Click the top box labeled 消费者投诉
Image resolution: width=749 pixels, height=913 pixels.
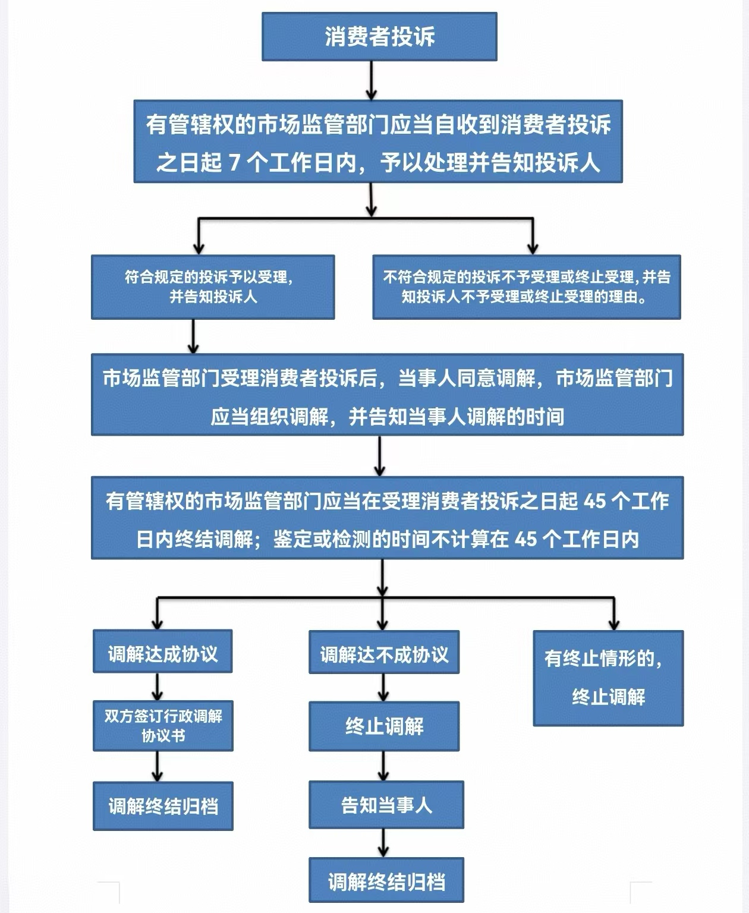(379, 36)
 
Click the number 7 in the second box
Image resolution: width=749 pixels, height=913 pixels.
(234, 163)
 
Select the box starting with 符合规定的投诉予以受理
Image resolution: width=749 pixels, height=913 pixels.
(213, 287)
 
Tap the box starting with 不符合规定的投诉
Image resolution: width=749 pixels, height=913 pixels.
(527, 287)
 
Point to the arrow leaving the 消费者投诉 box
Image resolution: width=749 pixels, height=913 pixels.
(371, 80)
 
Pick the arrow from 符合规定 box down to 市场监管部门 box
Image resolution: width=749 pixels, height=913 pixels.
(193, 336)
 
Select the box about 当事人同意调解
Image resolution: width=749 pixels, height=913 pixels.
(387, 394)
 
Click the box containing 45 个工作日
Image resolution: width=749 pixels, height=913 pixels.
(387, 518)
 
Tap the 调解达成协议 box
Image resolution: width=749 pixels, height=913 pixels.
(162, 651)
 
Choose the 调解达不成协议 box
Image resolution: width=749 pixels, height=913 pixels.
(383, 652)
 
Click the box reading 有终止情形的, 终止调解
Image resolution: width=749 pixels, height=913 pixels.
(608, 678)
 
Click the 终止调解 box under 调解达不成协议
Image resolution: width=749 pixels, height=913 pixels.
(383, 726)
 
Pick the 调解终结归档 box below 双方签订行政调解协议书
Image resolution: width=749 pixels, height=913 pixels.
(163, 806)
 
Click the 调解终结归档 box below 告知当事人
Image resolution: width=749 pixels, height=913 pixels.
(386, 880)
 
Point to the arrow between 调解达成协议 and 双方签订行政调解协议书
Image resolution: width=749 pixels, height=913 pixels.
(157, 687)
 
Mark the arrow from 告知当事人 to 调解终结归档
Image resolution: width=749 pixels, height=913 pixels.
(383, 843)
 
